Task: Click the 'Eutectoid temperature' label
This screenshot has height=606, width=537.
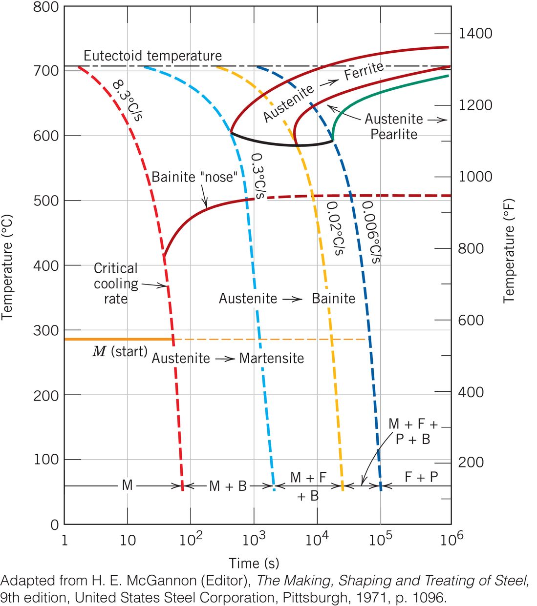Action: tap(152, 56)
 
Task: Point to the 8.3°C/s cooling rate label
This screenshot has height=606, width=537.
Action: tap(127, 101)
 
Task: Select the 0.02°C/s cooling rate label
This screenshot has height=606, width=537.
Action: tap(335, 228)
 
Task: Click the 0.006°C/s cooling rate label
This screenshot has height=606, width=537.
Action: tap(371, 232)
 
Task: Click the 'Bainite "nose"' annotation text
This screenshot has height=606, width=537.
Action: tap(194, 177)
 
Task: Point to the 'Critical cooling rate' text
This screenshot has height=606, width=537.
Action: tap(116, 283)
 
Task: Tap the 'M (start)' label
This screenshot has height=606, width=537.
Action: tap(120, 351)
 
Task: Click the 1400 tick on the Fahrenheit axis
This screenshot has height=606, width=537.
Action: tap(475, 34)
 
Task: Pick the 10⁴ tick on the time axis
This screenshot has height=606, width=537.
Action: tap(317, 540)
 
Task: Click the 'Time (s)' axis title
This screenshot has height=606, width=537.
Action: tap(254, 563)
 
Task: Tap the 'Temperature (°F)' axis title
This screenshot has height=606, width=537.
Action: tap(509, 251)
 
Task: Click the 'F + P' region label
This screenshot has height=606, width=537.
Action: tap(421, 477)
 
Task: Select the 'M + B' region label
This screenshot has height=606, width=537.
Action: tap(228, 486)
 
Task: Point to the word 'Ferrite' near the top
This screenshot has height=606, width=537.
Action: tap(364, 71)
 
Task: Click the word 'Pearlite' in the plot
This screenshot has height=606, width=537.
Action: tap(394, 134)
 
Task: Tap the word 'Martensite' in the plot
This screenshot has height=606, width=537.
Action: tap(272, 358)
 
